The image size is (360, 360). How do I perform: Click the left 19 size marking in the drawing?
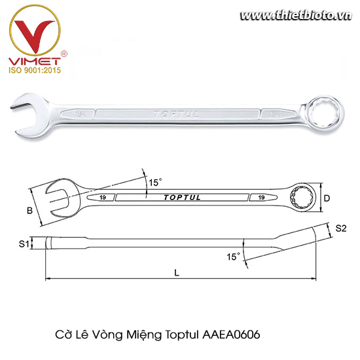[x=104, y=196]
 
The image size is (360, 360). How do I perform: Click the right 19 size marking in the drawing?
[x=261, y=196]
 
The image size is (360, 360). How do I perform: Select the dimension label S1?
[x=23, y=243]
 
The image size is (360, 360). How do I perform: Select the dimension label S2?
[x=340, y=228]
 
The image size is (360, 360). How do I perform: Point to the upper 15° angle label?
[x=154, y=183]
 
